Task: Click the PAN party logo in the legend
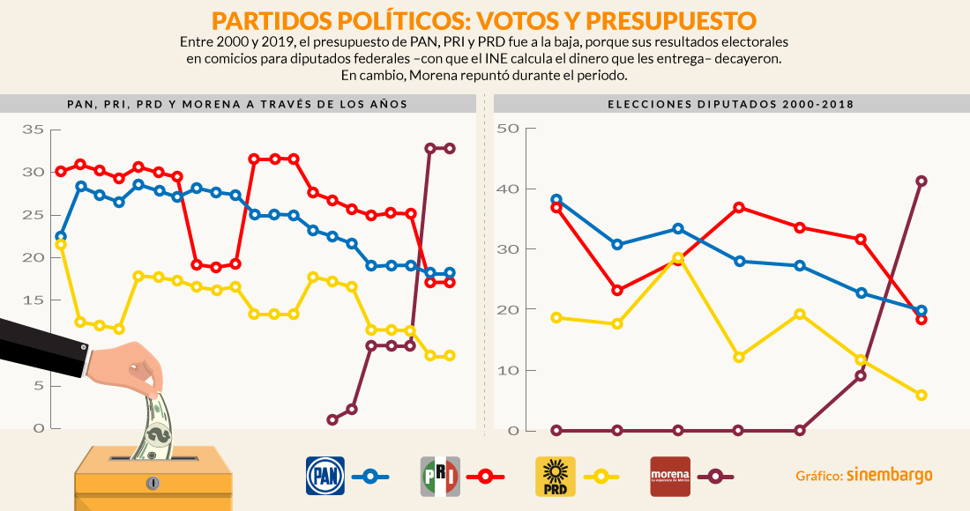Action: (325, 476)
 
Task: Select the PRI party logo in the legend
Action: (440, 476)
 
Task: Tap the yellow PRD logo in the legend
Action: (556, 476)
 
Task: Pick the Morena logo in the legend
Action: (670, 476)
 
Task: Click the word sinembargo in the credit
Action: (889, 476)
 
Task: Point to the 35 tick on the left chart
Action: (33, 130)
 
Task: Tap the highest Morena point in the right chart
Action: (921, 181)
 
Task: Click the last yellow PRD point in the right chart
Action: (921, 396)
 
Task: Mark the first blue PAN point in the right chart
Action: (556, 200)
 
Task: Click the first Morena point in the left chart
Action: (332, 420)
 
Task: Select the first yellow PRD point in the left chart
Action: (61, 244)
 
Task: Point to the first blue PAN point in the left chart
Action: (61, 237)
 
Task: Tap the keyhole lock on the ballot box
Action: (153, 484)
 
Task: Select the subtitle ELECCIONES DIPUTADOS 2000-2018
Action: (730, 104)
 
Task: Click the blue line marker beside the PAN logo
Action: (370, 477)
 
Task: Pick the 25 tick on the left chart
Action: (33, 216)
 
